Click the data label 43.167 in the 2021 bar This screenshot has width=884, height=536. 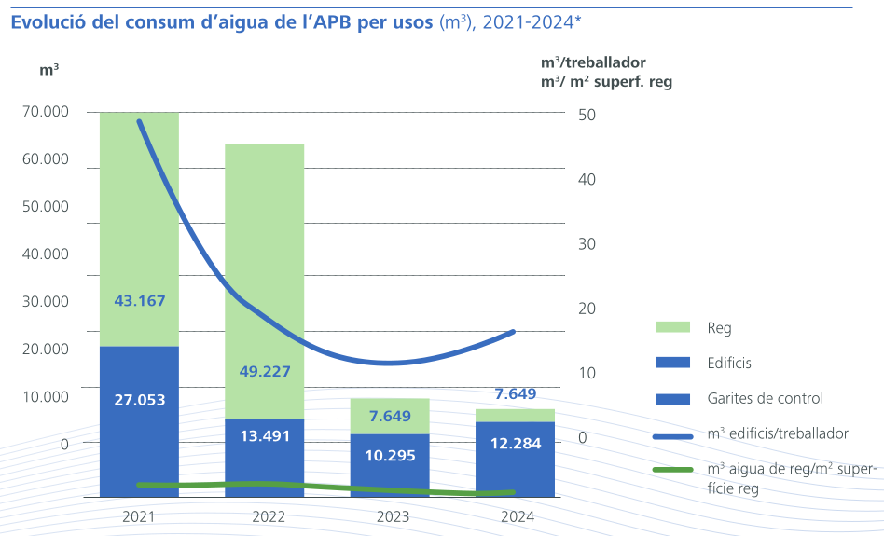pos(139,301)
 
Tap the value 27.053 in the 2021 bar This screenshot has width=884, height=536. pos(139,400)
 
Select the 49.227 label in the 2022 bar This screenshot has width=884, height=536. pos(265,371)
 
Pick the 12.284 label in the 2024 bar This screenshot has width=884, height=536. pos(516,444)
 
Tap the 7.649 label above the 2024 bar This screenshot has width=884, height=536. pos(516,394)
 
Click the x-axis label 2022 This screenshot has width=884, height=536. pos(269,516)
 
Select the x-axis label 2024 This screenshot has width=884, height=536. pos(518,516)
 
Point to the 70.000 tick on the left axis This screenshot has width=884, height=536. pos(45,112)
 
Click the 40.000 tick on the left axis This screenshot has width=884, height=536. pos(45,254)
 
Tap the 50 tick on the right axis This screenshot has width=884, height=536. pos(586,115)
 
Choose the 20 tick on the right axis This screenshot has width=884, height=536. pos(586,309)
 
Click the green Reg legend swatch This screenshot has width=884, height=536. pos(672,327)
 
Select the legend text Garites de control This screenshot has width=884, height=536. pos(766,398)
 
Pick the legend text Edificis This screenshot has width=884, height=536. pos(729,363)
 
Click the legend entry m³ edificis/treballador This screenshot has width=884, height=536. pos(778,433)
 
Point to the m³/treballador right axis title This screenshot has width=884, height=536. pos(593,62)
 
